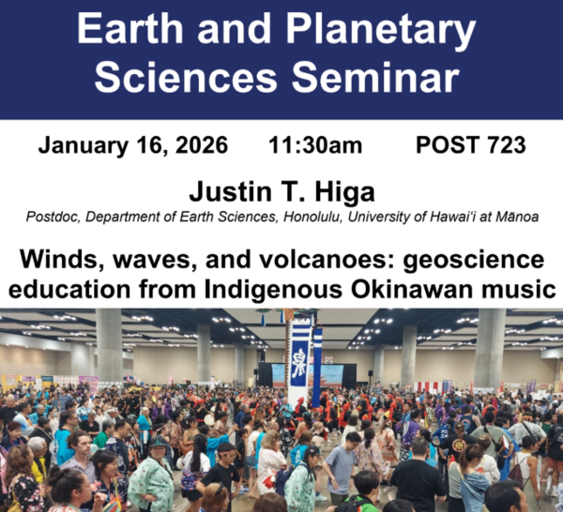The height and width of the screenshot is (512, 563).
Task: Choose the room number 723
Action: pos(501,145)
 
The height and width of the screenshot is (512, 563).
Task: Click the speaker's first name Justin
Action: pos(231,192)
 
